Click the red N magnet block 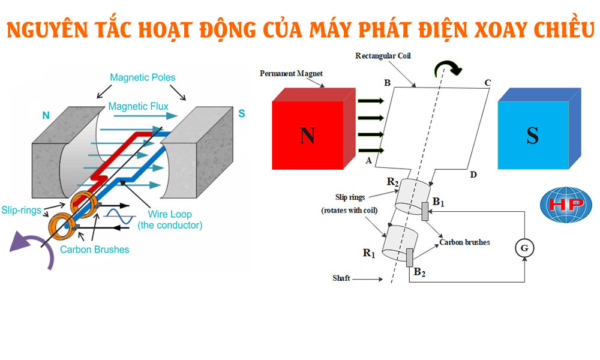[x=307, y=137]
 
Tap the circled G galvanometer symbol [x=525, y=247]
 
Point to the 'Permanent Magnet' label [x=291, y=73]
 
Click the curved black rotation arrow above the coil [x=449, y=67]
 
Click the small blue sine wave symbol [x=119, y=215]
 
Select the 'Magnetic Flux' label [x=138, y=106]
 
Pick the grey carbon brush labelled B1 [x=425, y=211]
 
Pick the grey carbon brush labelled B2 [x=410, y=257]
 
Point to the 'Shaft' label [x=341, y=278]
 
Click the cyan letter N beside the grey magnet [x=46, y=115]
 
